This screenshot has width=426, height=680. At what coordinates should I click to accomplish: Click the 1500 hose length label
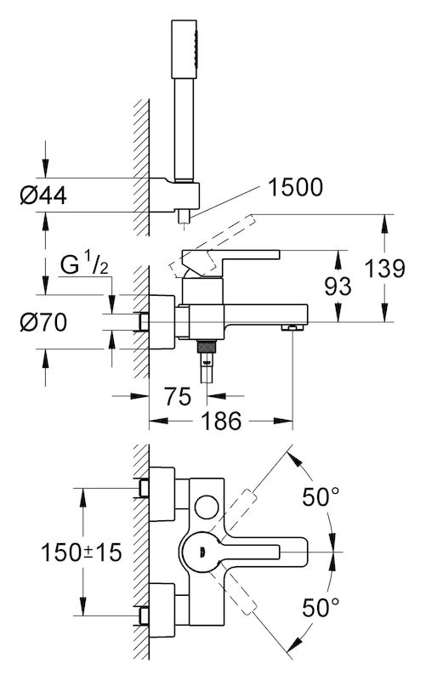click(295, 187)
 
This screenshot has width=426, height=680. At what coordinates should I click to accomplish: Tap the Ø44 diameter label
click(43, 195)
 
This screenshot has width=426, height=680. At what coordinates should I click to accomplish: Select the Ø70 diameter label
click(43, 323)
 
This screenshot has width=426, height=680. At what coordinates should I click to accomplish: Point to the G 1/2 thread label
click(84, 264)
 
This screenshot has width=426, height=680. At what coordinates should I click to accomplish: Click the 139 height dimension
click(385, 269)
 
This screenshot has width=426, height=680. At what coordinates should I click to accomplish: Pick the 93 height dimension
click(338, 286)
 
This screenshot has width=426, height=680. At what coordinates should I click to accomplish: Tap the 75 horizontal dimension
click(178, 396)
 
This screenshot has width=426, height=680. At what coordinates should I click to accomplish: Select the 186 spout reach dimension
click(221, 421)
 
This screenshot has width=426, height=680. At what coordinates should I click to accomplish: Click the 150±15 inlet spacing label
click(81, 552)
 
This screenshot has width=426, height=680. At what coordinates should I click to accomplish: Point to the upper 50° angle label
click(321, 497)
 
